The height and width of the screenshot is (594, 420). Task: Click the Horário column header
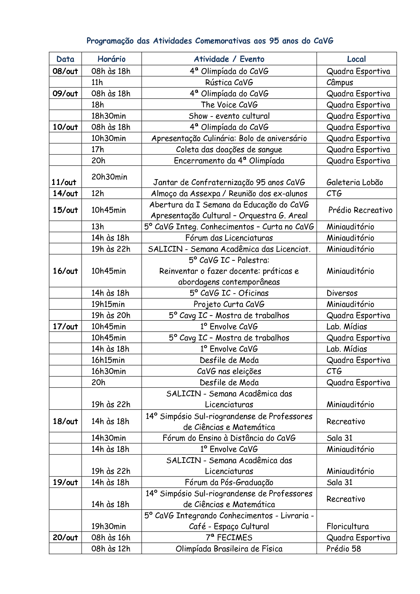(111, 59)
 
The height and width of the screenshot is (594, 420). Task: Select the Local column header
(356, 59)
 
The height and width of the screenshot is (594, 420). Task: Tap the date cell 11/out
(64, 182)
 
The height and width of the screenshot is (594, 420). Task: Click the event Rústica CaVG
(229, 82)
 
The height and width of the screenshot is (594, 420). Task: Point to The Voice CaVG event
(229, 105)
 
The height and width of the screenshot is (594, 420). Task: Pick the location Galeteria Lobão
(355, 183)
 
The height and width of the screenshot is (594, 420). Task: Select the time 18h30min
(108, 116)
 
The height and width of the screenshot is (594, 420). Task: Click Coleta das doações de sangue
(229, 149)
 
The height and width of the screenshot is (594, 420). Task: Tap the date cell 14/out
(65, 193)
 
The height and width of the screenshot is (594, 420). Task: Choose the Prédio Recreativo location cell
(360, 210)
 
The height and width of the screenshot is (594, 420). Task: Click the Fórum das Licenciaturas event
(229, 238)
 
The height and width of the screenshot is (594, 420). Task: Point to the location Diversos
(342, 293)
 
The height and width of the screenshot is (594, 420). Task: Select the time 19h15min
(108, 304)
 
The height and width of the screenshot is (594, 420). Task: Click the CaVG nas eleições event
(229, 371)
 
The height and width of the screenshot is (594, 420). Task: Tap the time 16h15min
(108, 360)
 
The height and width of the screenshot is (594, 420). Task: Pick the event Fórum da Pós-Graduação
(229, 482)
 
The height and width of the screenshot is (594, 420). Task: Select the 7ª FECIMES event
(229, 537)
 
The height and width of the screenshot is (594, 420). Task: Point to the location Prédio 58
(343, 549)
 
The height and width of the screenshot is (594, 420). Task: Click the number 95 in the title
(274, 41)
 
